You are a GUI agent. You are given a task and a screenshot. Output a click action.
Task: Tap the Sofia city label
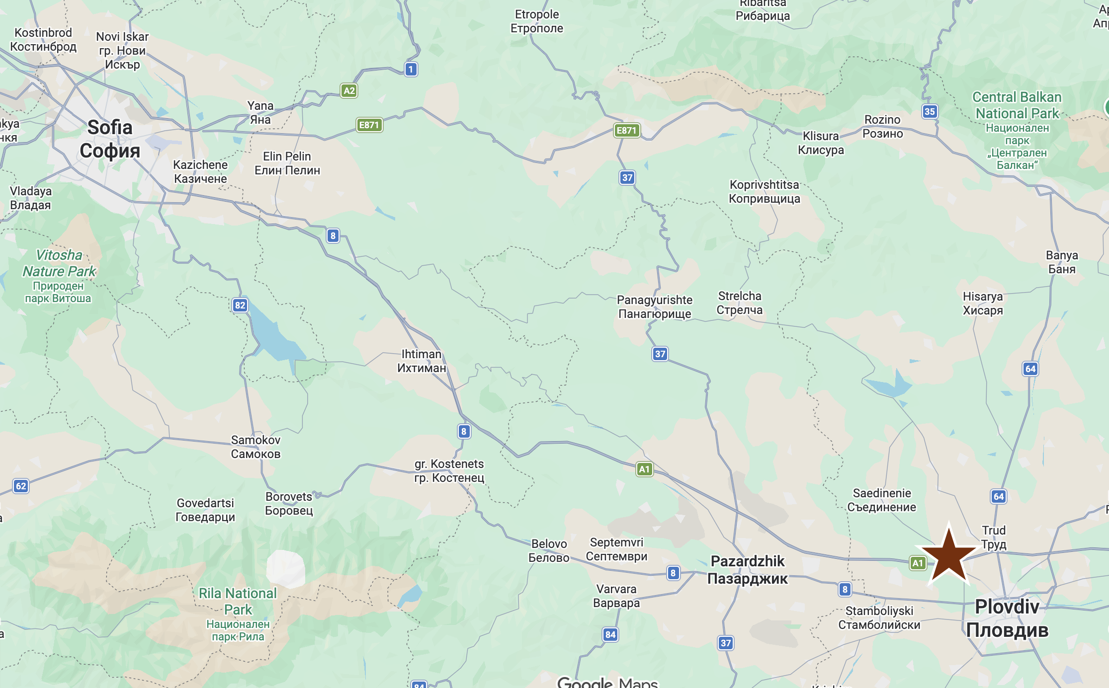(110, 139)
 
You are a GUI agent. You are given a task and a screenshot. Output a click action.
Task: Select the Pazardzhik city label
(747, 570)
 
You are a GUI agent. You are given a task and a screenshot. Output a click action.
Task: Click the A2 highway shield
(349, 90)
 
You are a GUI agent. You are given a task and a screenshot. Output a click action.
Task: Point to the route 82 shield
(240, 305)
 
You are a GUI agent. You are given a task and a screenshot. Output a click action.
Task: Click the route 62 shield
(21, 486)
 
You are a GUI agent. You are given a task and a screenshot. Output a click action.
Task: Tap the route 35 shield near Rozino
(930, 111)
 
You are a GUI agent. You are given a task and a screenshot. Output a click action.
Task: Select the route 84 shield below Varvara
(610, 634)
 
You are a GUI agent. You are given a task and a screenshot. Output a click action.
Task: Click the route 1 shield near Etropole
(411, 69)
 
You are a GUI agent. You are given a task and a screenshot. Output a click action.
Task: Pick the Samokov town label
(256, 447)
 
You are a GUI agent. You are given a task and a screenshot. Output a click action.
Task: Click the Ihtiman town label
(422, 361)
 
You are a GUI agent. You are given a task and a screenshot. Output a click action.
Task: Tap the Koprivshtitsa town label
(764, 191)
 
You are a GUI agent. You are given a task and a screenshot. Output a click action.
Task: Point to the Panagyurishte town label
(654, 306)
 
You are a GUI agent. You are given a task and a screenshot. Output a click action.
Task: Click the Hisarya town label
(982, 303)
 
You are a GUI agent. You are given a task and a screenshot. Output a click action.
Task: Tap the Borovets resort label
(289, 503)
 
